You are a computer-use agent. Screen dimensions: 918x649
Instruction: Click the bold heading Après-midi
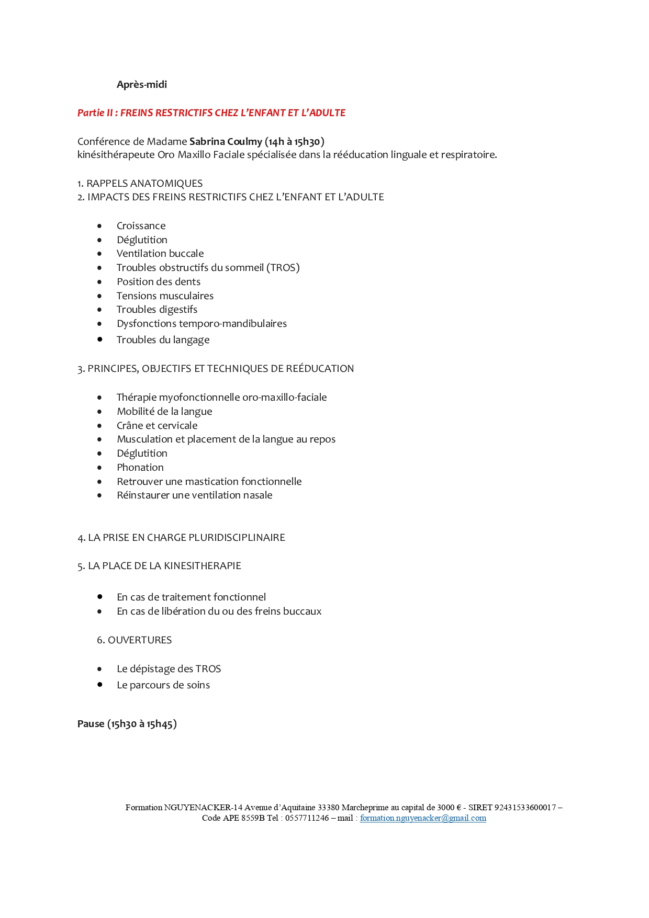tap(141, 85)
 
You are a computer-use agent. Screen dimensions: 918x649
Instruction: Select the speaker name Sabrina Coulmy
tap(226, 142)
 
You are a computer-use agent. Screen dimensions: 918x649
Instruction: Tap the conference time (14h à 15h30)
tap(295, 142)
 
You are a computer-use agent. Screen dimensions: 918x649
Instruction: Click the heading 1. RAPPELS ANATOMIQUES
tap(140, 184)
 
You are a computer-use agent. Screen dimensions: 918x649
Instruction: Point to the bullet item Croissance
tap(141, 226)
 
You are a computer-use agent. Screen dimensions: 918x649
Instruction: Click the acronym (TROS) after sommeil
tap(283, 268)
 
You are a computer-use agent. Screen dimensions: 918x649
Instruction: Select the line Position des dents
tap(158, 282)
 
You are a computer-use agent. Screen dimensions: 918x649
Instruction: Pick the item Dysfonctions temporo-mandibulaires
tap(202, 324)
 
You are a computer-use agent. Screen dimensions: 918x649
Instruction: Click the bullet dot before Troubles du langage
tap(99, 339)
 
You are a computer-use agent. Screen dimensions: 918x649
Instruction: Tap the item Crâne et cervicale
tap(157, 426)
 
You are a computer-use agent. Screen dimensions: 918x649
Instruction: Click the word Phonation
tap(140, 468)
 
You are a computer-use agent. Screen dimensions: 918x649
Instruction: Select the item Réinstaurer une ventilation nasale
tap(194, 495)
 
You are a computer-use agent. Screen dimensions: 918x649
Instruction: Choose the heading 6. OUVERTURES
tap(134, 640)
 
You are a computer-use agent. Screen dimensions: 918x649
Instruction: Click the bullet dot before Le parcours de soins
tap(99, 685)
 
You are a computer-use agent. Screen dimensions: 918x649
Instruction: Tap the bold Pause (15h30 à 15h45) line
tap(127, 724)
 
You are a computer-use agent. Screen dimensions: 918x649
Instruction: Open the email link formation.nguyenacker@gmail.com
tap(423, 818)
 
